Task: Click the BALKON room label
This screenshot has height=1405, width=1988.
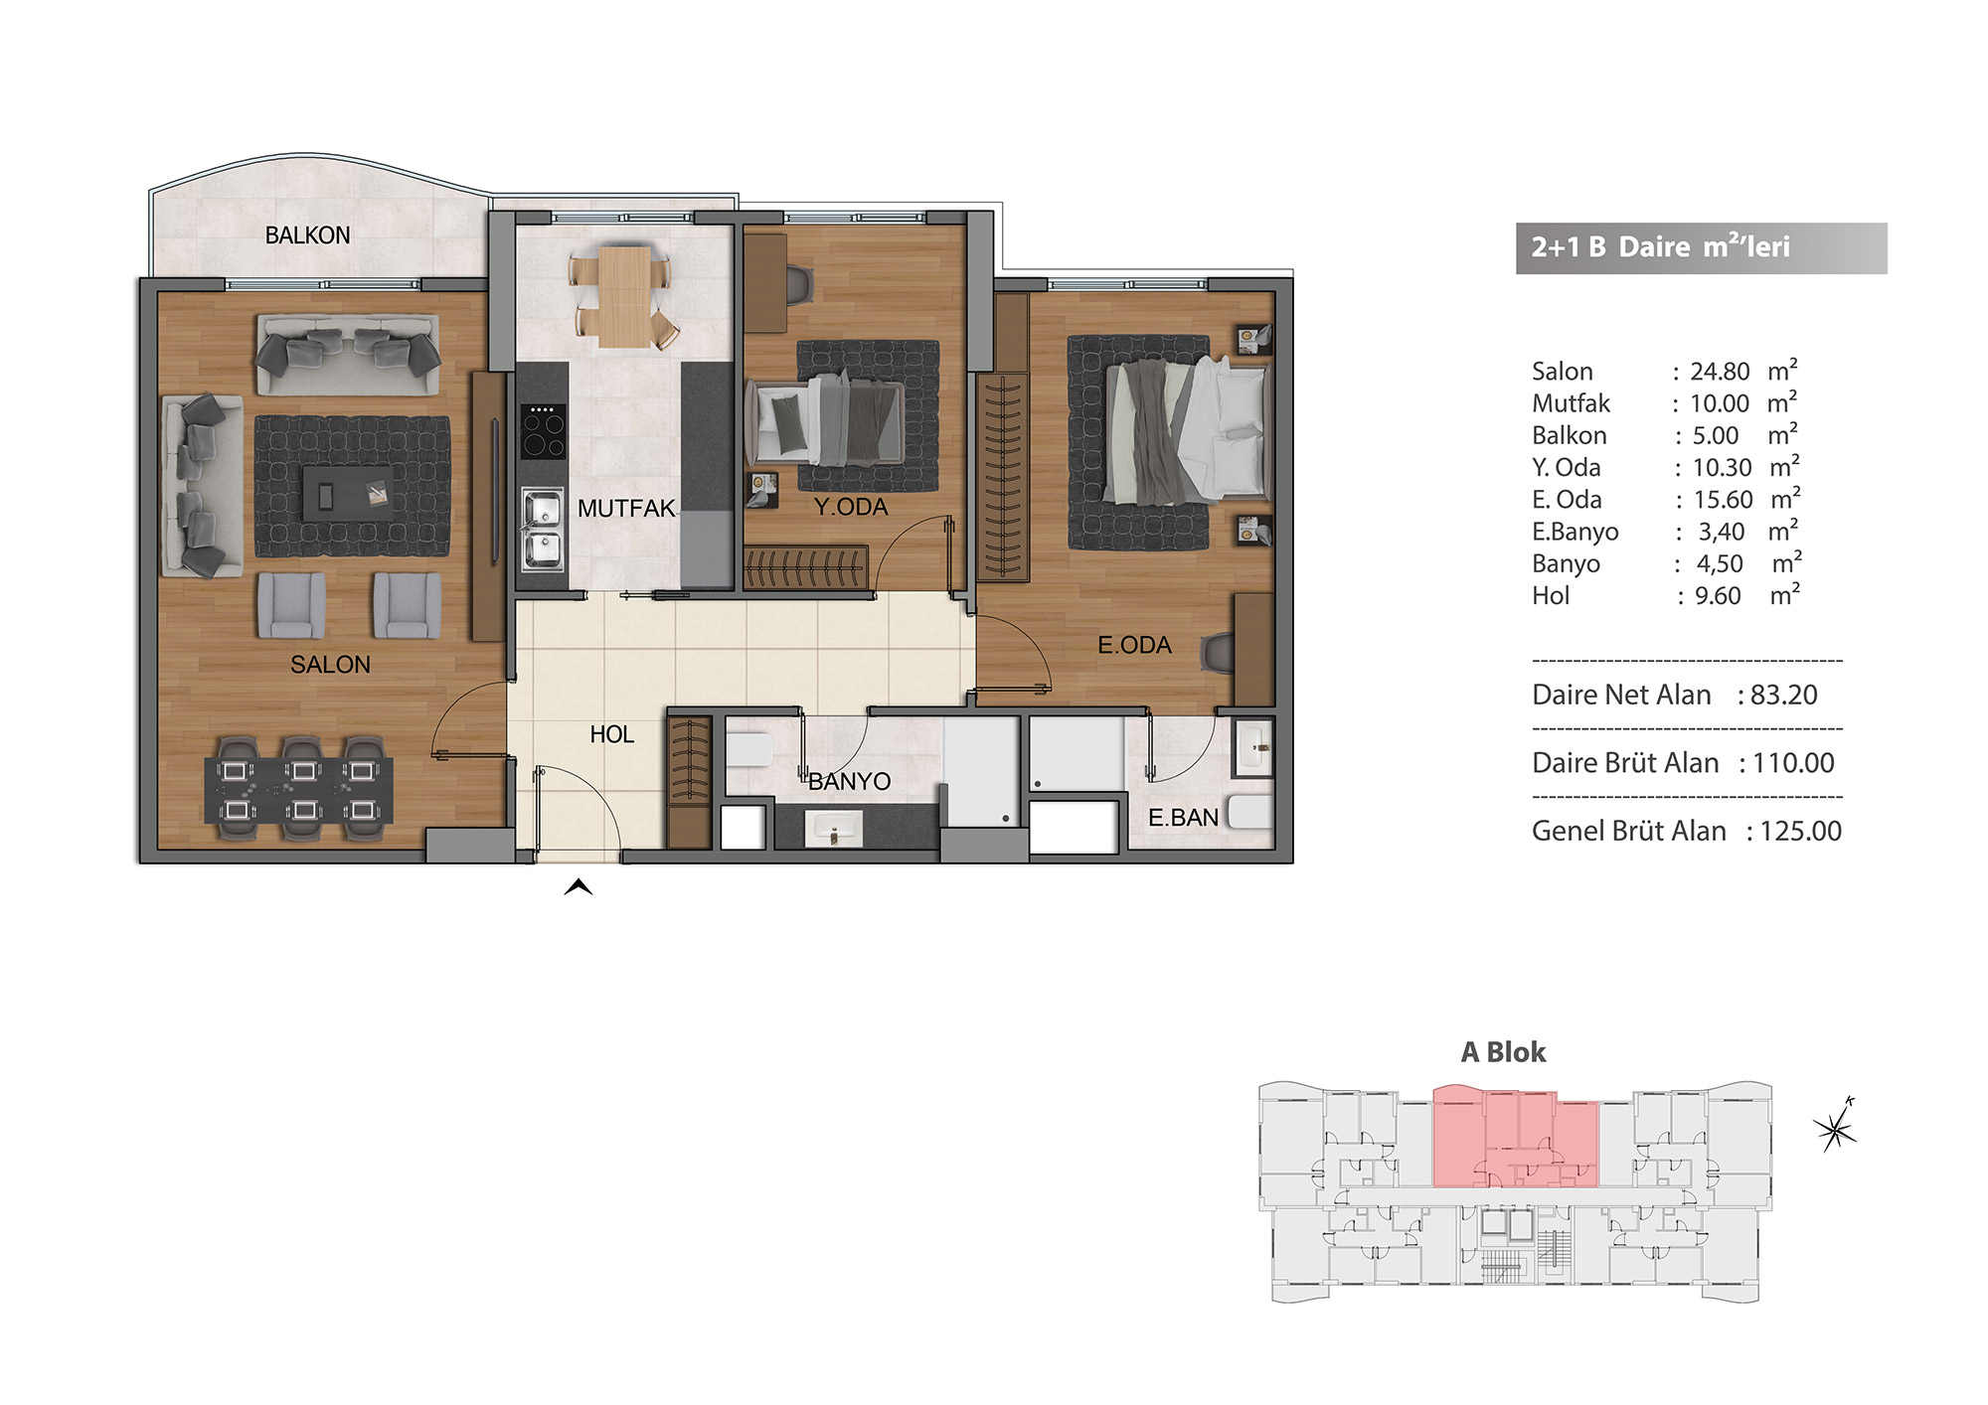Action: coord(307,235)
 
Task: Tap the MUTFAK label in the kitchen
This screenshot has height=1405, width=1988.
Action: coord(626,509)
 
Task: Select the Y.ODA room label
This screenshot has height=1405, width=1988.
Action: coord(851,507)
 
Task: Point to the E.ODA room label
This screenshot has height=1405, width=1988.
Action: coord(1134,645)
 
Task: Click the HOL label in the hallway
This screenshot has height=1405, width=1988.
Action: coord(611,734)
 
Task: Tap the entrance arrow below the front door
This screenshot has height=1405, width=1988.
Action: coord(579,887)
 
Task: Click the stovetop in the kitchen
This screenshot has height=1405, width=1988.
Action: coord(543,430)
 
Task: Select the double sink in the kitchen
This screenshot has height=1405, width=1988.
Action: coord(543,529)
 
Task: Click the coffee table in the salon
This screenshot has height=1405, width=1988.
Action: coord(347,492)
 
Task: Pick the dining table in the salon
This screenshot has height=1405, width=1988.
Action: coord(298,790)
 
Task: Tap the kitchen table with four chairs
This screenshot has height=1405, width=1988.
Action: coord(623,296)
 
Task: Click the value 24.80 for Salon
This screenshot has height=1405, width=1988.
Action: coord(1720,372)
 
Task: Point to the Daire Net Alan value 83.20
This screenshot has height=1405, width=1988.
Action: coord(1784,695)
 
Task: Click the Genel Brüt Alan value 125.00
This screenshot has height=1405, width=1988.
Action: coord(1801,831)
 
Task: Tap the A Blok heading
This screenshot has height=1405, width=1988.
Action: coord(1503,1052)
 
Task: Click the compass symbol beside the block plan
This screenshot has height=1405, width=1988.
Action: coord(1836,1126)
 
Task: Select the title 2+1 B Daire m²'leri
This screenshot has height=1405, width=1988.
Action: coord(1660,246)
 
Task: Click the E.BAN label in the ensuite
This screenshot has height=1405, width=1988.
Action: coord(1183,818)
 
